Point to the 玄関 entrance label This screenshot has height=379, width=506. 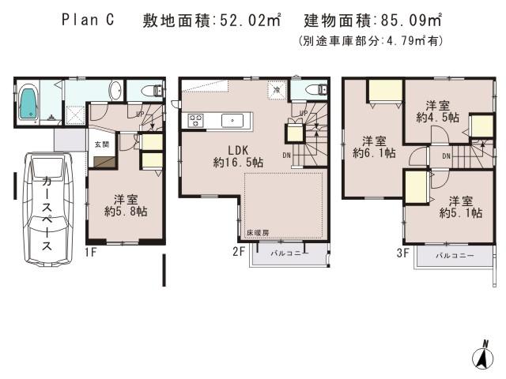point(102,144)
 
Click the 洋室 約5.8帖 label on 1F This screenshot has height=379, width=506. point(126,205)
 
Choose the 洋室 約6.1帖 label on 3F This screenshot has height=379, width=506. point(372,145)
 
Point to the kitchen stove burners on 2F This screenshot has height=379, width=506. point(195,121)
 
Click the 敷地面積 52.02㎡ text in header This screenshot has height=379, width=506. point(212,21)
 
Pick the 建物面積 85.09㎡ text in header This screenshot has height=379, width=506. point(374,21)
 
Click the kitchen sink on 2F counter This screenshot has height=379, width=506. point(233,121)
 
